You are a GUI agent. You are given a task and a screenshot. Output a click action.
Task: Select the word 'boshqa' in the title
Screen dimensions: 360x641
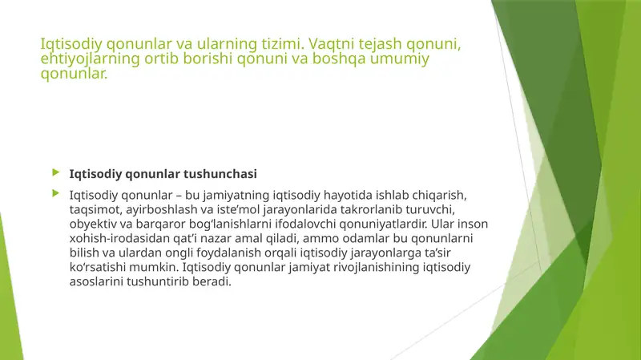click(x=344, y=59)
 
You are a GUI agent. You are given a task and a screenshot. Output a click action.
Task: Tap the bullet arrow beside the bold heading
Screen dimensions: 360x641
click(x=55, y=172)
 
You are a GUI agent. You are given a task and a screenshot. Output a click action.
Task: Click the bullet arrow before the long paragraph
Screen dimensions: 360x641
click(x=55, y=193)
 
